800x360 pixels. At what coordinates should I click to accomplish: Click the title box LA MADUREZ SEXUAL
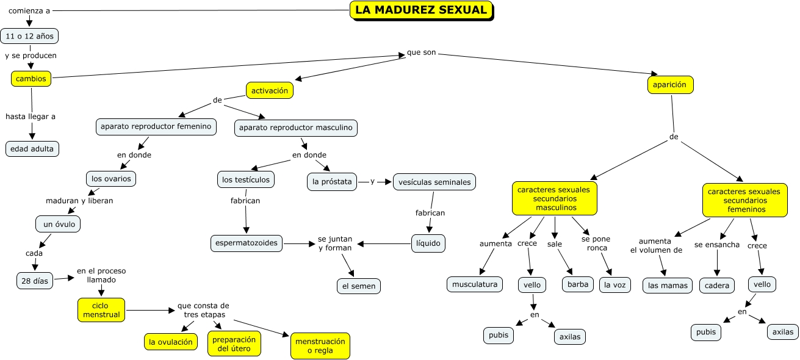point(421,10)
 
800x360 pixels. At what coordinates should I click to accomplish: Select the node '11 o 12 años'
point(29,36)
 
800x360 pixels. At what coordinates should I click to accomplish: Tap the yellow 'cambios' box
point(31,79)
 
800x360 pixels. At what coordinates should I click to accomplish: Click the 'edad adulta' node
point(32,148)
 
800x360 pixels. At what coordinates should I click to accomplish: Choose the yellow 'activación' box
point(270,90)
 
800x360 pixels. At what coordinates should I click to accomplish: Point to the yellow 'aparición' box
point(670,85)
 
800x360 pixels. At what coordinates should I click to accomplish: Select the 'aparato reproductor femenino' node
point(156,126)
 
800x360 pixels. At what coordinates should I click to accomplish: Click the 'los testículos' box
point(245,179)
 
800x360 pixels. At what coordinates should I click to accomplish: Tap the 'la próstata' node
point(332,182)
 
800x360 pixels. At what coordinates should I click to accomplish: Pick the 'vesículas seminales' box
point(434,182)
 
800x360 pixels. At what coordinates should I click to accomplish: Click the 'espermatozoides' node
point(247,243)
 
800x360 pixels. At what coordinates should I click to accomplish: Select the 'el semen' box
point(359,286)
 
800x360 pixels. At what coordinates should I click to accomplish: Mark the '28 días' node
point(35,281)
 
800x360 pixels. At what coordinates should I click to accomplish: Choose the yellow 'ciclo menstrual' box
point(101,310)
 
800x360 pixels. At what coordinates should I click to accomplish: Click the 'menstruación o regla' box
point(320,346)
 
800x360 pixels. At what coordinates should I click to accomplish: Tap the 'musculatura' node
point(475,284)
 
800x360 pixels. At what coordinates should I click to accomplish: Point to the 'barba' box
point(577,284)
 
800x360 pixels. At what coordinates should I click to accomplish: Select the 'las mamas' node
point(668,286)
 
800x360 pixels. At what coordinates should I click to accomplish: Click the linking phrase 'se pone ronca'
point(596,243)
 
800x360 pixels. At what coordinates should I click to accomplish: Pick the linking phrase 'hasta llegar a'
point(31,116)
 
